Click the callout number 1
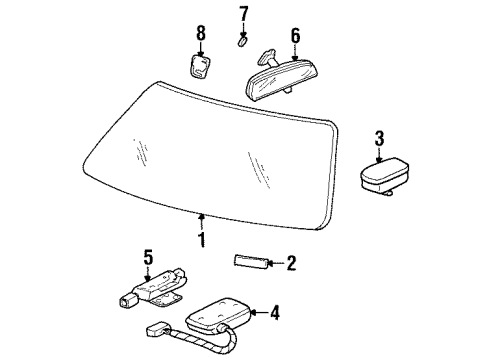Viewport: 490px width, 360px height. (x=202, y=239)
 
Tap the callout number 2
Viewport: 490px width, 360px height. (x=291, y=264)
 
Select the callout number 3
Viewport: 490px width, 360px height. (x=379, y=137)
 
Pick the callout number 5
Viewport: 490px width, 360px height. (x=148, y=258)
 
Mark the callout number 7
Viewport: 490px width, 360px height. (x=243, y=14)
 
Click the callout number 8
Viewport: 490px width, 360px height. (x=201, y=33)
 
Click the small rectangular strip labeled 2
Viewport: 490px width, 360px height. (x=250, y=262)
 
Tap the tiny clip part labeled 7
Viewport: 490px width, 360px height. (x=242, y=42)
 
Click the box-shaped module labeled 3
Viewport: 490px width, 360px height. (x=383, y=177)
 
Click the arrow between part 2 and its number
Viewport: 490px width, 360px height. (x=274, y=263)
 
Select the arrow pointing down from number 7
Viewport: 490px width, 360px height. (x=243, y=29)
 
